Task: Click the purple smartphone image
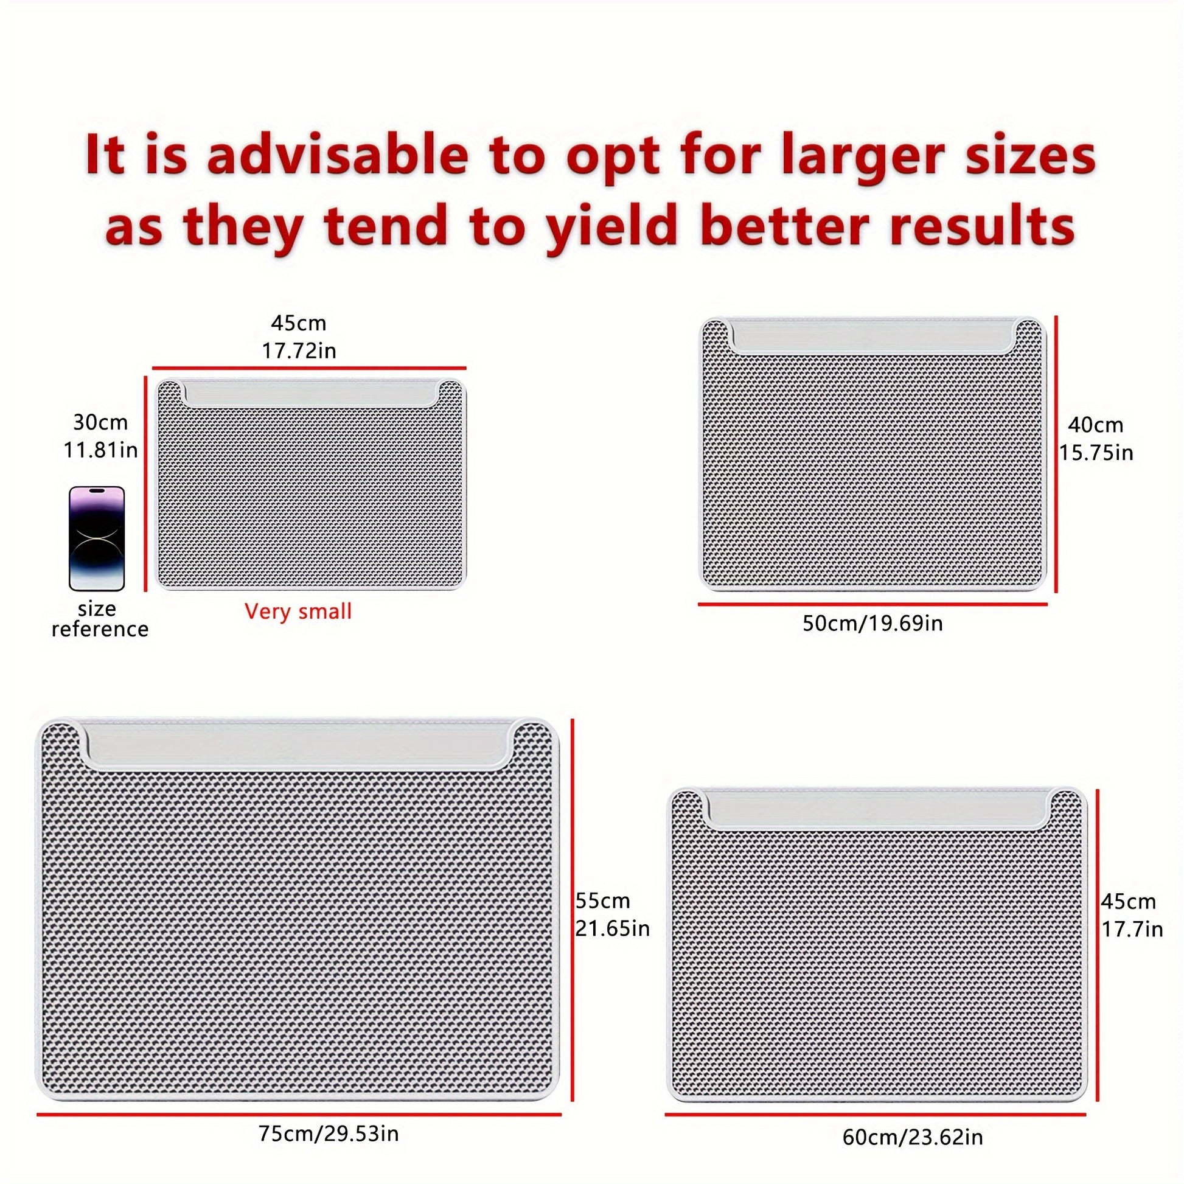coord(97,538)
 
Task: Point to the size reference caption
coord(99,619)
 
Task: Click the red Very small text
coord(298,611)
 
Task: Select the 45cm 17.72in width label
coord(299,336)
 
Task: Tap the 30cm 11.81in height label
coord(100,436)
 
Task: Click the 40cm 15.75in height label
coord(1096,439)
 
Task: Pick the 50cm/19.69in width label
coord(872,624)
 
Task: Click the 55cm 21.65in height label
coord(611,914)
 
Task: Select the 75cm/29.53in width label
coord(329,1134)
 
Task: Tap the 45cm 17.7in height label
coord(1131,916)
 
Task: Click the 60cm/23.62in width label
coord(913,1137)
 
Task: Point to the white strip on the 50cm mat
coord(872,336)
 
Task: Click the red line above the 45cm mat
coord(309,368)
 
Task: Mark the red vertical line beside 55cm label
coord(572,910)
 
